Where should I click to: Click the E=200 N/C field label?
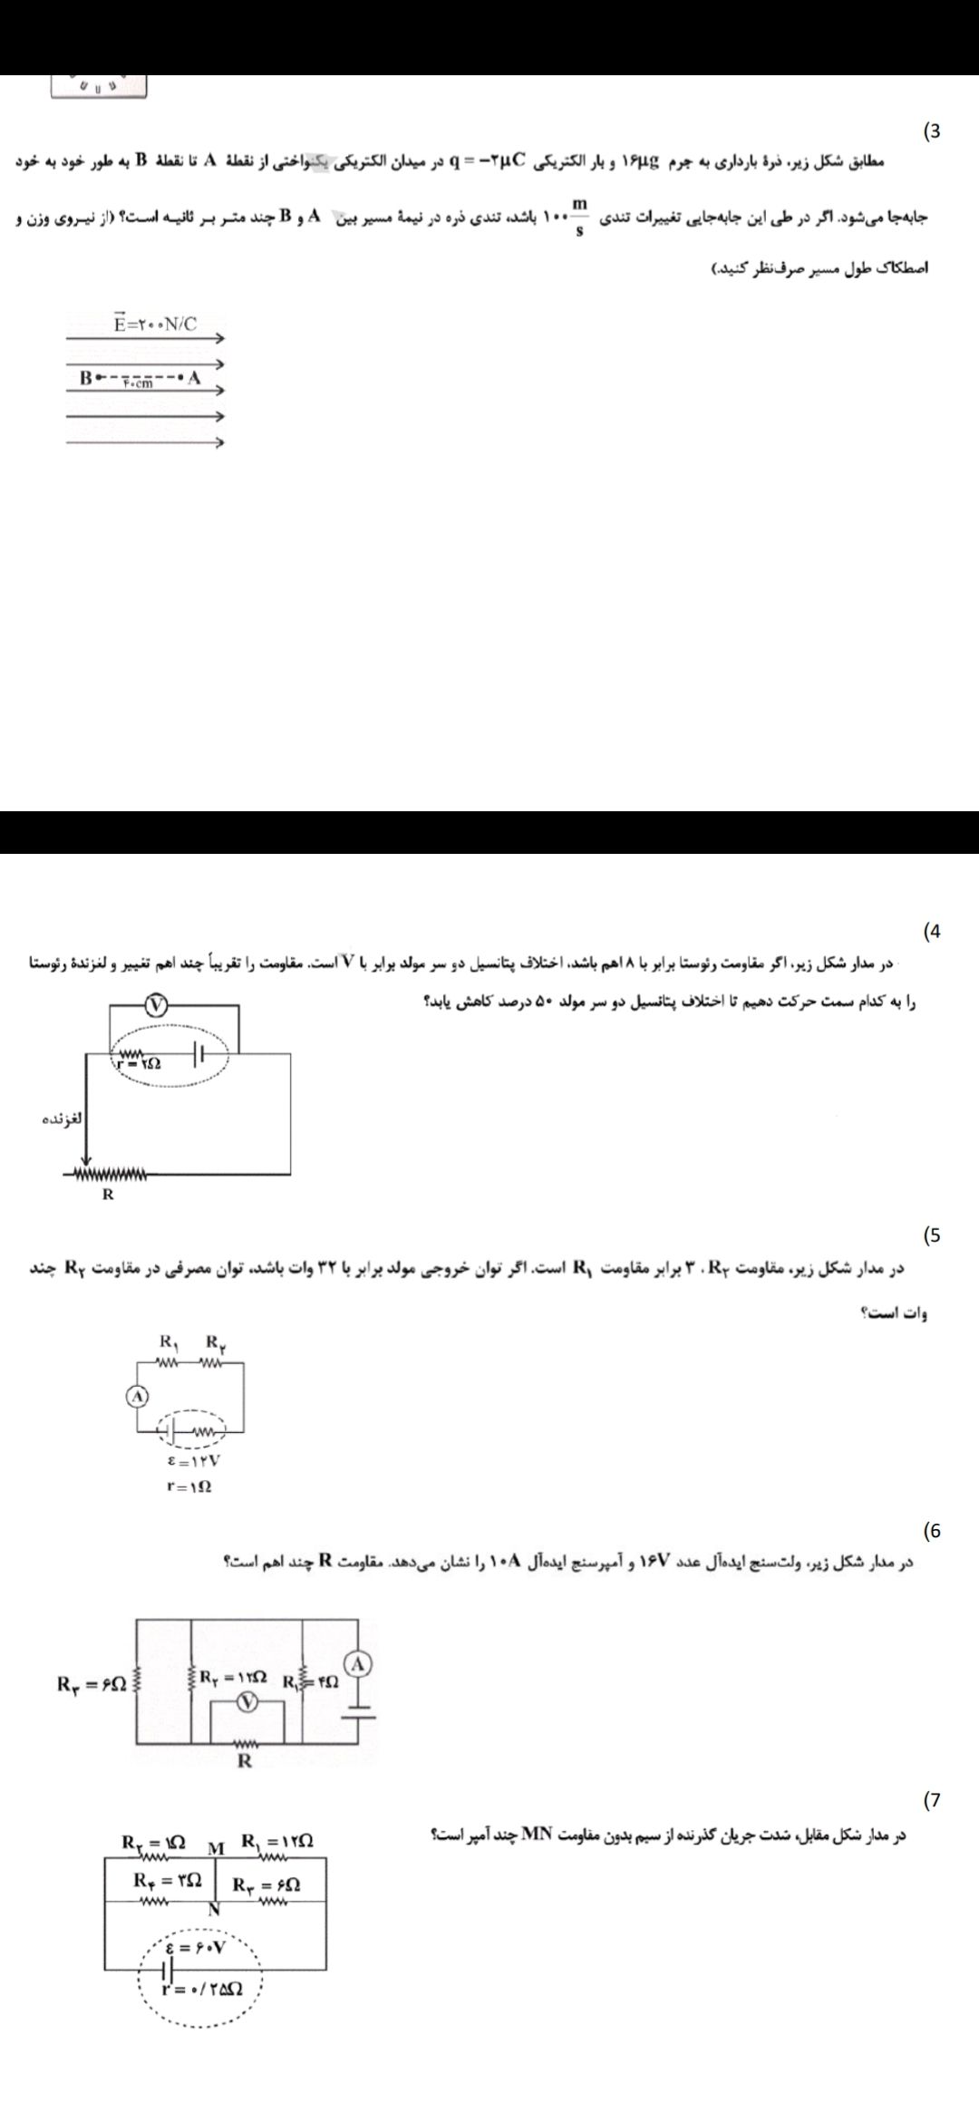click(x=155, y=324)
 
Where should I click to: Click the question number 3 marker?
click(x=931, y=131)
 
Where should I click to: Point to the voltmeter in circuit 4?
click(x=158, y=1005)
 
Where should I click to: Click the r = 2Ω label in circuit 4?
click(x=139, y=1063)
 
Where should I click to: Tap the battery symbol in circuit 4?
click(x=200, y=1054)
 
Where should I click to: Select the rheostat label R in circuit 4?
click(x=108, y=1195)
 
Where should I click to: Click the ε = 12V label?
click(x=195, y=1461)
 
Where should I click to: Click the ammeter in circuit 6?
click(x=359, y=1664)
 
